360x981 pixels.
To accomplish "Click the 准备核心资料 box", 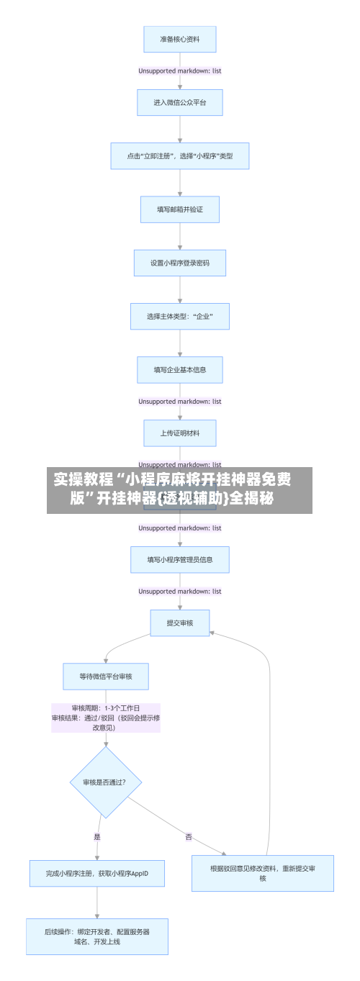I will point(179,40).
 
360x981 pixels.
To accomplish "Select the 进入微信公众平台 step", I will point(179,102).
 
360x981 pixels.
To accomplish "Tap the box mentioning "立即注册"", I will point(179,155).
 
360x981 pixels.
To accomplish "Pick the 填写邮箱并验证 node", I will point(179,209).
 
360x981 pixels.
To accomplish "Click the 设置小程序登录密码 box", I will point(179,263).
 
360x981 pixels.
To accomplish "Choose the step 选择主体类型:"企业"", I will point(179,316).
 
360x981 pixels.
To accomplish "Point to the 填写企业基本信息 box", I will point(179,370).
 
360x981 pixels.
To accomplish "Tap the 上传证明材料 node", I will point(179,433).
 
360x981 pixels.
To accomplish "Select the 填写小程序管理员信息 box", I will point(179,559).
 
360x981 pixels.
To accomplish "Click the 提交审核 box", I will point(179,623).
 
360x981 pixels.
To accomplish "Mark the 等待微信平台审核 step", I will point(105,676).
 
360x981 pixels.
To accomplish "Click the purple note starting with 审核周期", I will point(105,718).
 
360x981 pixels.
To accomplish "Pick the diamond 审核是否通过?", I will point(105,782).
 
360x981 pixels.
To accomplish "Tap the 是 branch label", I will point(97,836).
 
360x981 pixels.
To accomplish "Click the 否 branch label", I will point(189,836).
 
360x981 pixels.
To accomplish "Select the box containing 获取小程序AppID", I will point(97,873).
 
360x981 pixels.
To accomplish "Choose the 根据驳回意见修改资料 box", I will point(262,873).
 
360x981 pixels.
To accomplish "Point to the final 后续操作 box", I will point(97,936).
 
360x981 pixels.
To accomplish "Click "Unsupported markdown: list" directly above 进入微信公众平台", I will point(179,71).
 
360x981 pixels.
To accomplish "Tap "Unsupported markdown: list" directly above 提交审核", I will point(179,591).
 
